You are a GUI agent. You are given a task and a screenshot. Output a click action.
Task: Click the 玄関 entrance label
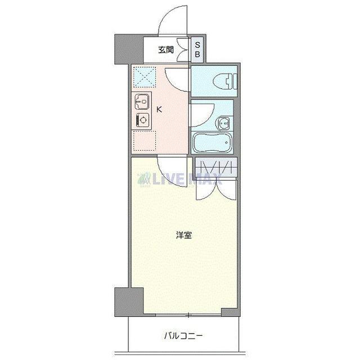click(165, 51)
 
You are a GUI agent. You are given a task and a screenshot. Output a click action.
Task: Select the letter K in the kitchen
click(159, 109)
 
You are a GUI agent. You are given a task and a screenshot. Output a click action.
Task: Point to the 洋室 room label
click(183, 235)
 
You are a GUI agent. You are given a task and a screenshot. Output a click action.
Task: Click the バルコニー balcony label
click(183, 336)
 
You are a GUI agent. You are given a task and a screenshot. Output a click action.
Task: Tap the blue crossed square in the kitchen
click(143, 76)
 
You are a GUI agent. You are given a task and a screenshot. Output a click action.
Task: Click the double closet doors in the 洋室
click(216, 188)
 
